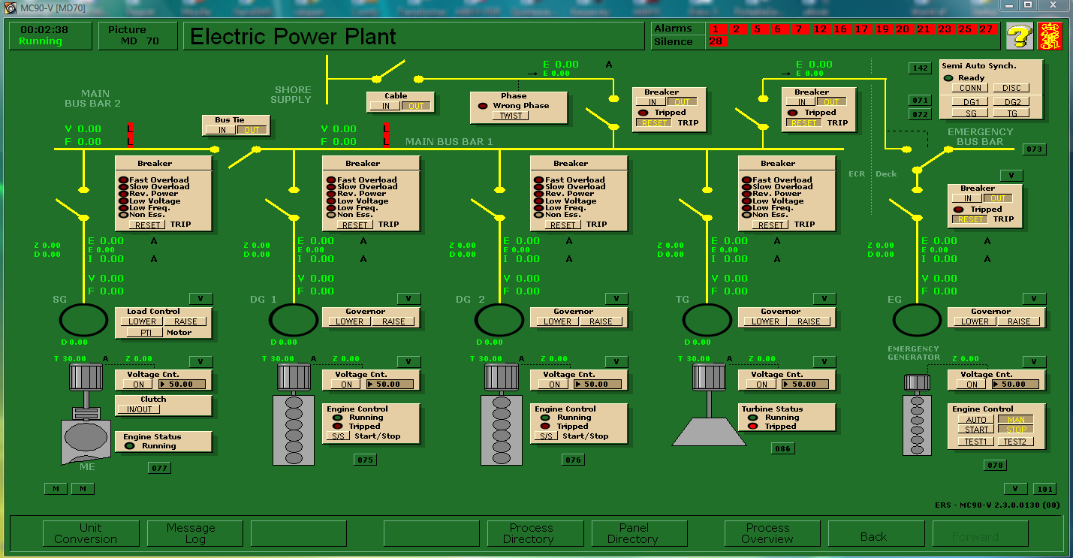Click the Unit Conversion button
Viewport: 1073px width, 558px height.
tap(86, 533)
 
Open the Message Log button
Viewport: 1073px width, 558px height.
tap(191, 533)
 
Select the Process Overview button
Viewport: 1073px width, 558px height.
tap(767, 533)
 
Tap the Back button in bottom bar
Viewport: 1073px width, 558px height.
tap(873, 536)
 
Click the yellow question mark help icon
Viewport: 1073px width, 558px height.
tap(1019, 35)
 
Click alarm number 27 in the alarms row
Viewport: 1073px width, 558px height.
tap(986, 29)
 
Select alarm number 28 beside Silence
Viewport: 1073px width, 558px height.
tap(716, 41)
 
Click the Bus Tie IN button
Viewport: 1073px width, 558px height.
tap(222, 130)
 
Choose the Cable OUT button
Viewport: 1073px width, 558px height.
tap(415, 106)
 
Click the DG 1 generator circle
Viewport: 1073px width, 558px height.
tap(294, 321)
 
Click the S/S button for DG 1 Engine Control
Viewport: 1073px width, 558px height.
tap(336, 436)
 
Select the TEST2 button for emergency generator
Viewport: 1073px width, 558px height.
tap(1014, 442)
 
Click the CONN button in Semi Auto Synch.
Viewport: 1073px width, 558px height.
tap(970, 88)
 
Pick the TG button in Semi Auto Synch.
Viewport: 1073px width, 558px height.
tap(1012, 113)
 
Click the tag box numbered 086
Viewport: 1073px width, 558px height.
tap(783, 448)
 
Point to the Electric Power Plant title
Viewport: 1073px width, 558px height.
tap(293, 36)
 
